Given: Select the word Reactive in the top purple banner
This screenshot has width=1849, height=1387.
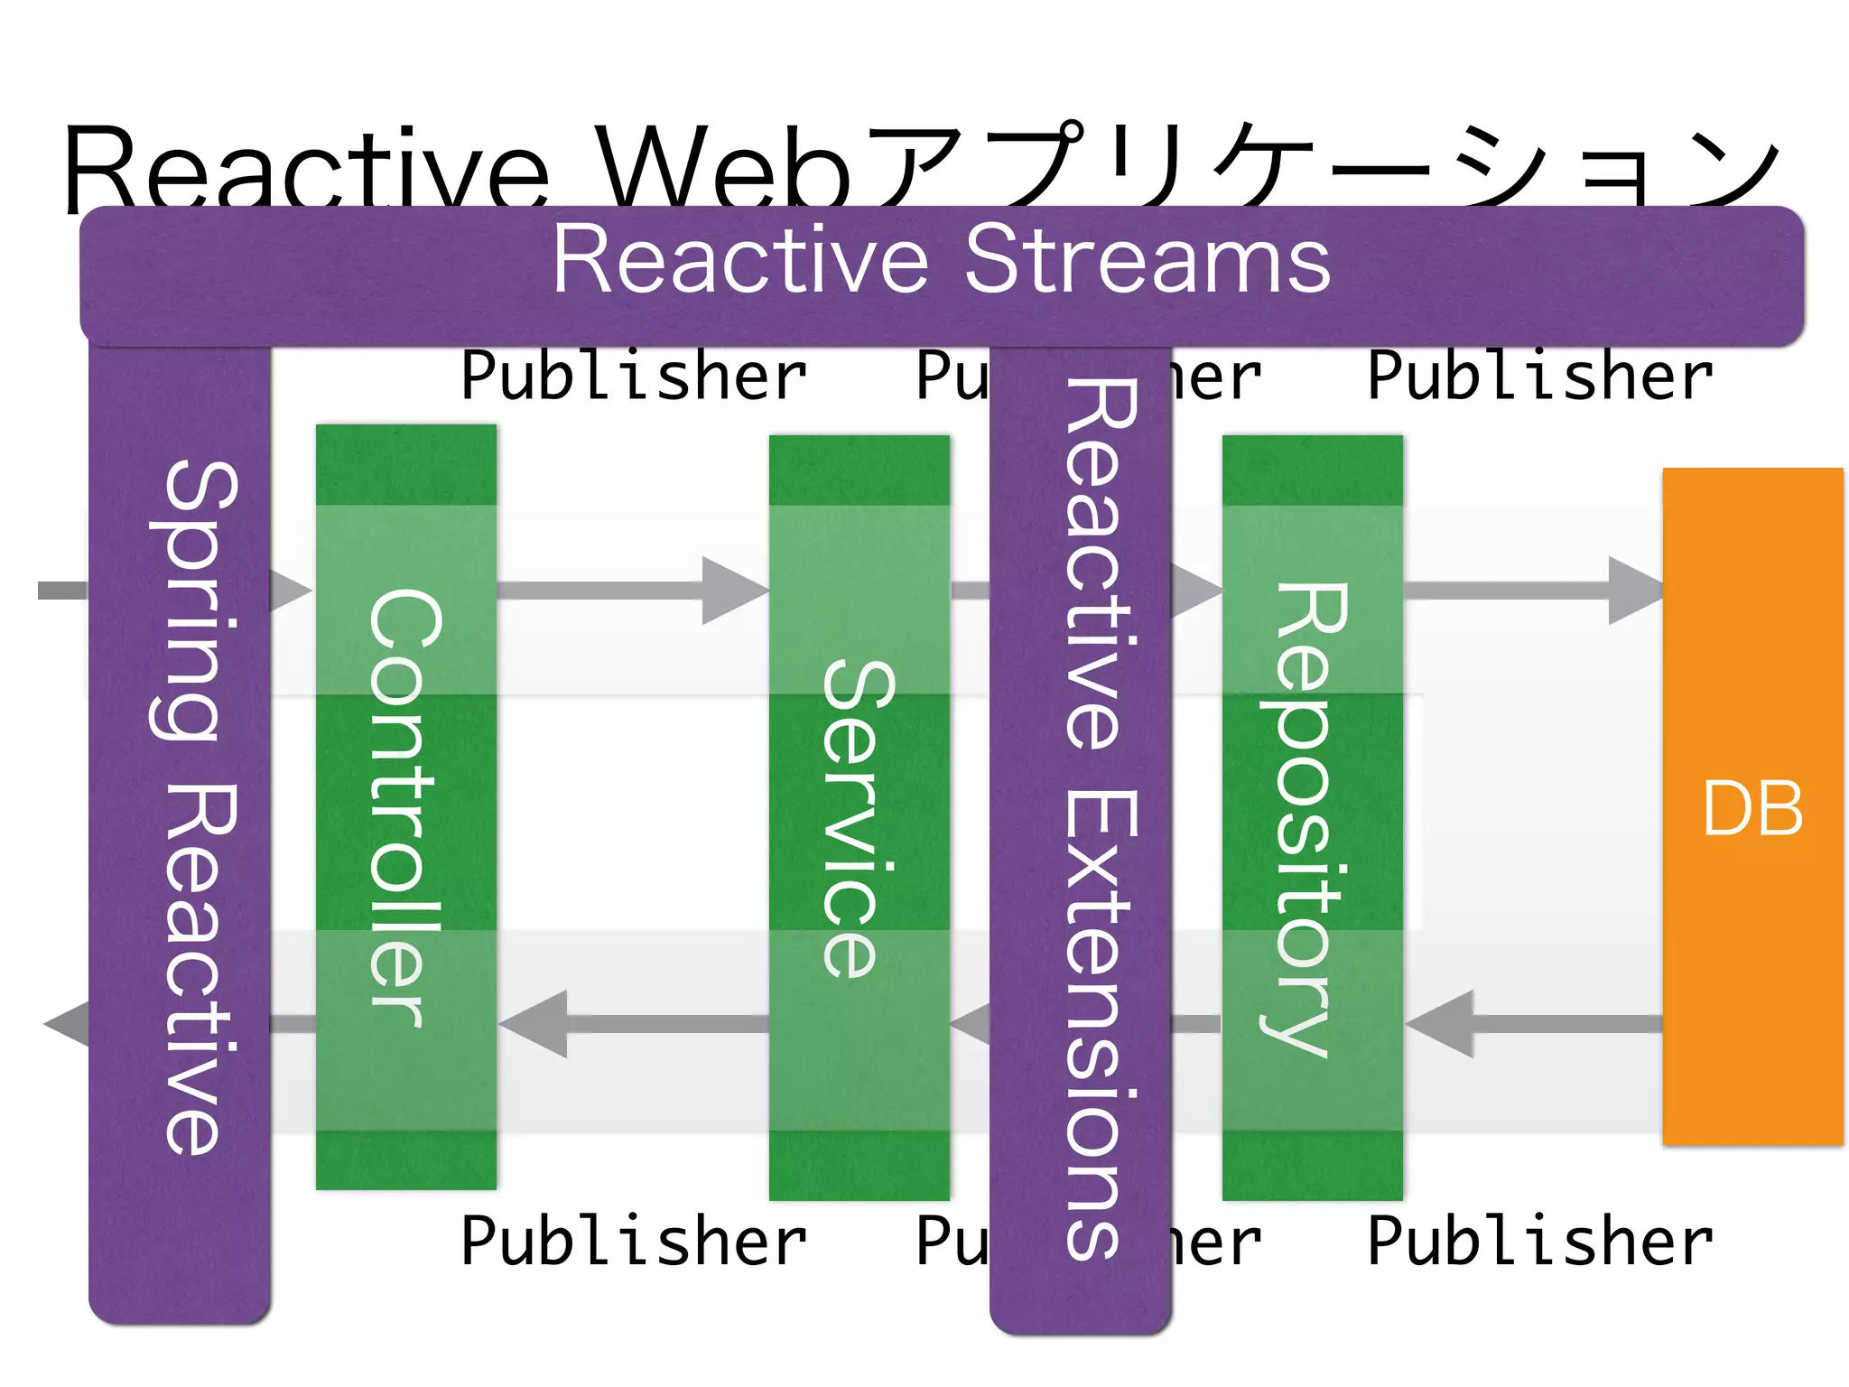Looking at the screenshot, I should click(x=740, y=260).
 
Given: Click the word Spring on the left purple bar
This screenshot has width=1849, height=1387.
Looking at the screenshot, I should click(x=191, y=600).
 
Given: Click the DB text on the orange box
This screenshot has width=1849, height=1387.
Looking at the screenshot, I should click(x=1751, y=808).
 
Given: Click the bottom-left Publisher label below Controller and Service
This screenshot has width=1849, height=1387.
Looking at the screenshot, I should click(x=633, y=1242).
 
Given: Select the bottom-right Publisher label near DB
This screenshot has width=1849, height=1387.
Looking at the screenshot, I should click(x=1539, y=1242).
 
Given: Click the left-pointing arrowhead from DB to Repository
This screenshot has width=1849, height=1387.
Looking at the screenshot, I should click(x=1441, y=1024).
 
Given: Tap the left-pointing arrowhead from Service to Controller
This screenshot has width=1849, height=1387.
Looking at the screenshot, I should click(x=534, y=1024).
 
